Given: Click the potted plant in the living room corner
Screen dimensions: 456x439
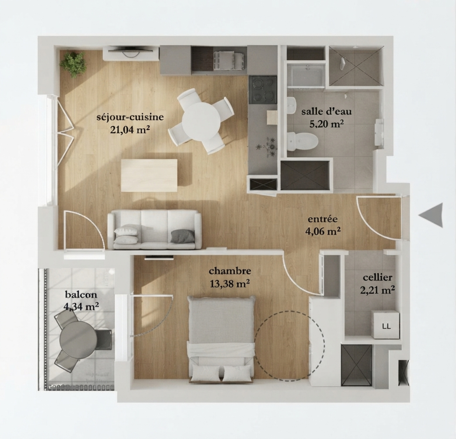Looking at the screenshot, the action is point(73,64).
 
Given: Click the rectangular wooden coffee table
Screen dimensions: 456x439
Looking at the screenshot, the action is point(149,175).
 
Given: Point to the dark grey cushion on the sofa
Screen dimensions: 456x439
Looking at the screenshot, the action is point(183,236).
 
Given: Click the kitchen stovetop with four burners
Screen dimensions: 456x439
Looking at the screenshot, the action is point(262,89).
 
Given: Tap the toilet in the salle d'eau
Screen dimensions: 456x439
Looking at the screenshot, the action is point(302,141).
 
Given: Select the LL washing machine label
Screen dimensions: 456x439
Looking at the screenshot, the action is point(386,326).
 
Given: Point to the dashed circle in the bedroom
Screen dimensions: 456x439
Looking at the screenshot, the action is point(289,346).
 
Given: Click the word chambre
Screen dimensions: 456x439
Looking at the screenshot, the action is point(230,271).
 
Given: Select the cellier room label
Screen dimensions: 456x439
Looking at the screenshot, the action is point(377,277).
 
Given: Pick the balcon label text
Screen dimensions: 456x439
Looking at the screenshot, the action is point(81,294).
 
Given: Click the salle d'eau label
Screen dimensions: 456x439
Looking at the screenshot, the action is point(326,111).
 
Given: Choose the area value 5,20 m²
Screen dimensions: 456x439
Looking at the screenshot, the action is point(326,124).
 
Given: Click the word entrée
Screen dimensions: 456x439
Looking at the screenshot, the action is point(323,219).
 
